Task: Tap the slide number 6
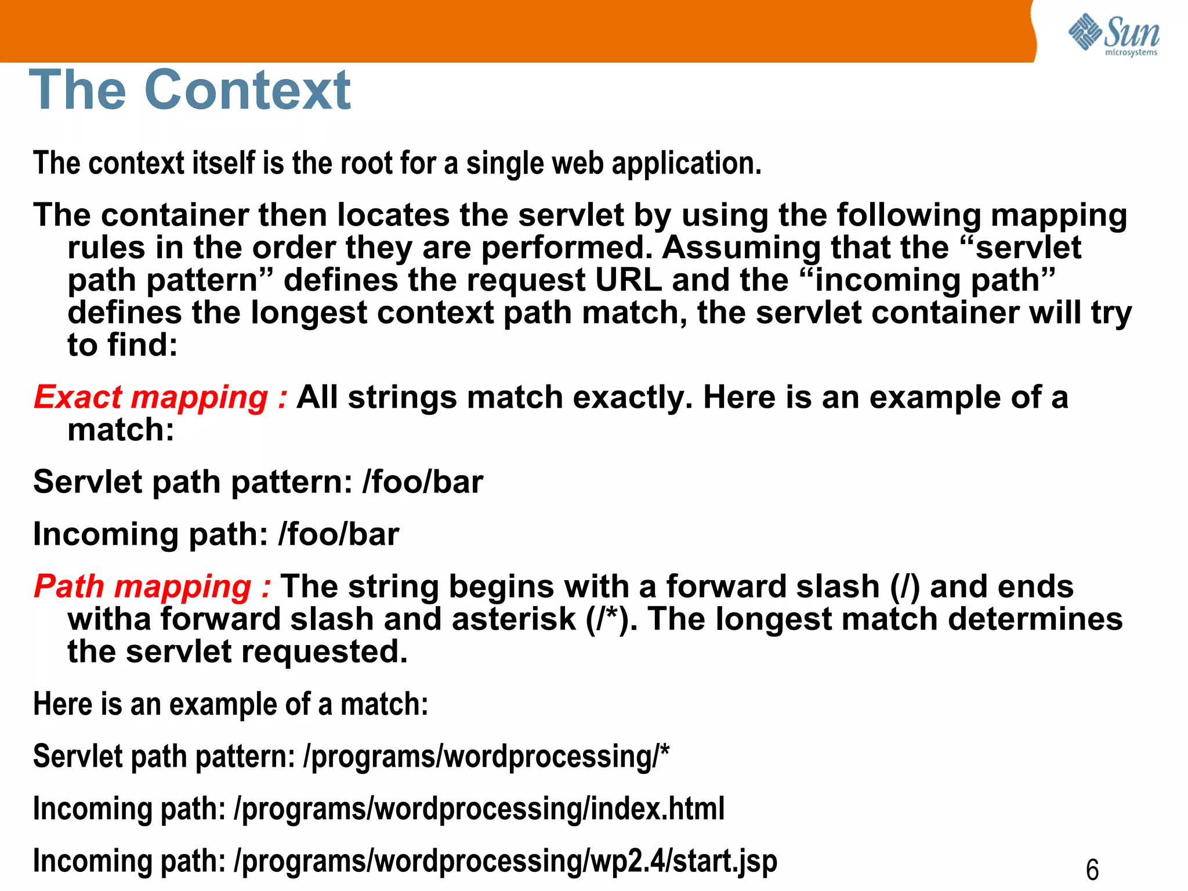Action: click(x=1092, y=870)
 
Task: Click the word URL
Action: click(x=629, y=280)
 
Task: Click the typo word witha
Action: click(x=110, y=619)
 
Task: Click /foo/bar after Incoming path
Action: click(x=339, y=534)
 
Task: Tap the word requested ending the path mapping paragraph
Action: click(x=324, y=652)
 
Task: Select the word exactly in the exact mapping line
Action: click(x=633, y=398)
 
